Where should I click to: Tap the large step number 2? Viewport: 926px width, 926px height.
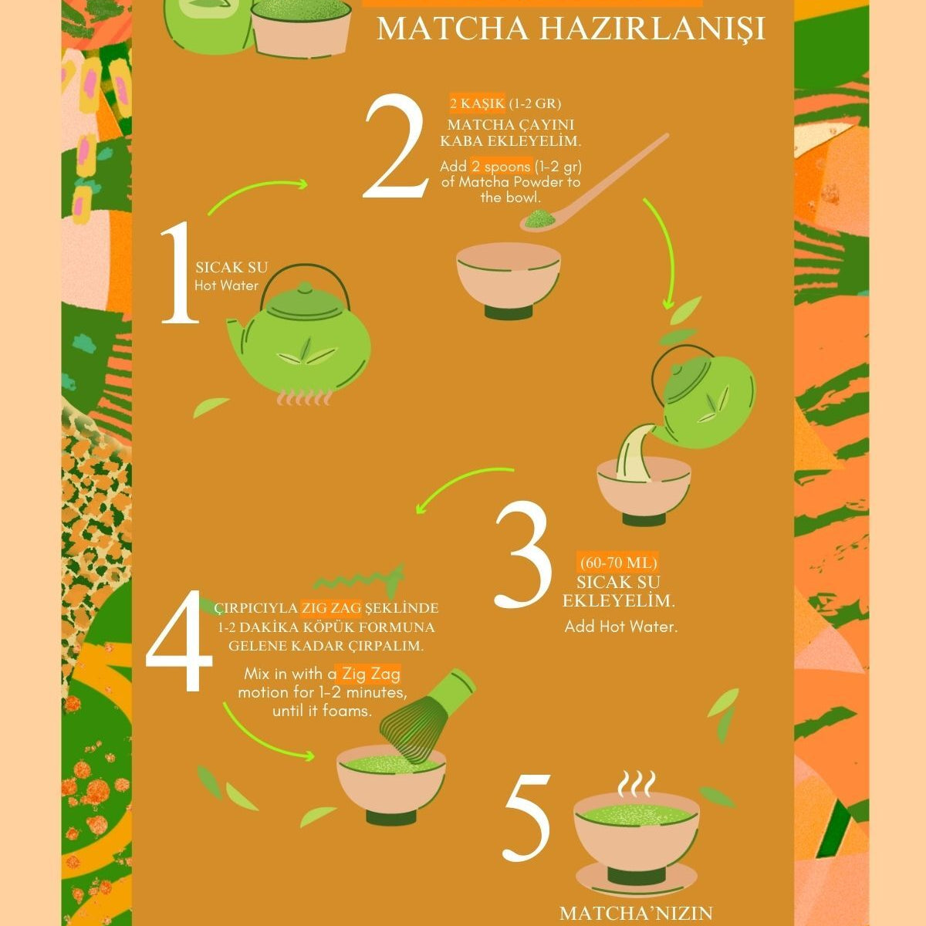(x=395, y=146)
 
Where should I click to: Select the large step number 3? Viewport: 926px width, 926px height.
(x=523, y=553)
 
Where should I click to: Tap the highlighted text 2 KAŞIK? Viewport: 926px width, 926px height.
(x=477, y=103)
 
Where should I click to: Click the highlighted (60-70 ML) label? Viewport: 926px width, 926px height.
(x=618, y=562)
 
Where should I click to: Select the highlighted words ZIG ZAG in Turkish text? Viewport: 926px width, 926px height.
(x=331, y=608)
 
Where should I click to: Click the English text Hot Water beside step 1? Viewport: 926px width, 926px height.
(x=226, y=286)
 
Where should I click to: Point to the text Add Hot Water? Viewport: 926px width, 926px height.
(x=621, y=627)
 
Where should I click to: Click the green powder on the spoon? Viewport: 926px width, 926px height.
(x=539, y=219)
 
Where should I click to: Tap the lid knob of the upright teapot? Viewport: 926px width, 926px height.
(x=305, y=289)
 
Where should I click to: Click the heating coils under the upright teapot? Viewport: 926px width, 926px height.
(x=305, y=398)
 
